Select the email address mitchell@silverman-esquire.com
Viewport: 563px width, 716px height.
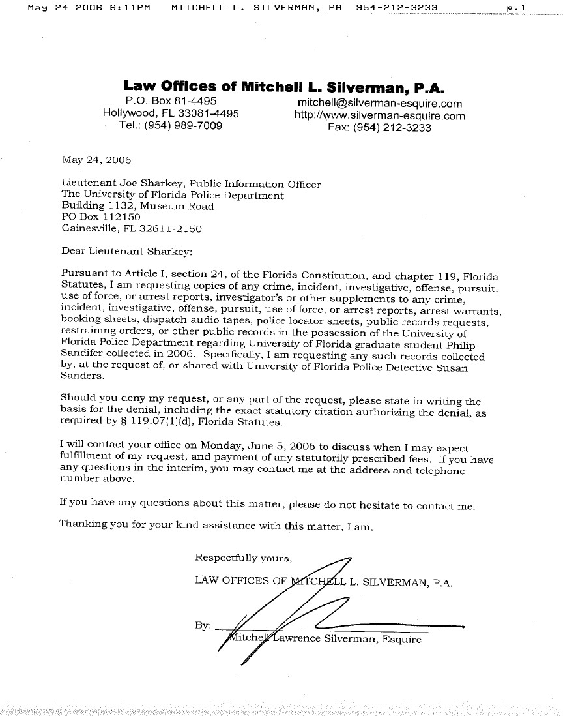coord(380,103)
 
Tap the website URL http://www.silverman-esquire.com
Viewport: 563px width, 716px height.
coord(380,116)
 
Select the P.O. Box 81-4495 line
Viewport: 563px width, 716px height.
coord(171,102)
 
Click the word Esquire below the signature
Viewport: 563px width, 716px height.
coord(401,639)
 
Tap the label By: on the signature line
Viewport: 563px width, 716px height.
coord(203,625)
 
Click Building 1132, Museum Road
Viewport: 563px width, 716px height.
coord(137,206)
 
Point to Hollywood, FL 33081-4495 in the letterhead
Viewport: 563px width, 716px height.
coord(171,114)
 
